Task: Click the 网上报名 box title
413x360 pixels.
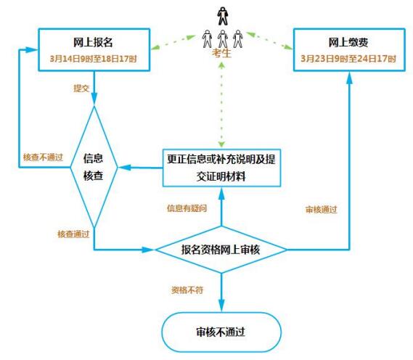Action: point(93,42)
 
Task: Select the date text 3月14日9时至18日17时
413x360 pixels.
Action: point(93,59)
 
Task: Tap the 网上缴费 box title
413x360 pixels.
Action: point(348,42)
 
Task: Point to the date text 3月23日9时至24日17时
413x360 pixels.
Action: point(348,59)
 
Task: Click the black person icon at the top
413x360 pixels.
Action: point(223,16)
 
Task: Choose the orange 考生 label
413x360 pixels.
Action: point(221,53)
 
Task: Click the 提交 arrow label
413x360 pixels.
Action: point(81,89)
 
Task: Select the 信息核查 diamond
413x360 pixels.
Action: point(94,167)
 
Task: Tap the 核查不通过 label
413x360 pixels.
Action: point(44,157)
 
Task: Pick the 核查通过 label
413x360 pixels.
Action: point(73,234)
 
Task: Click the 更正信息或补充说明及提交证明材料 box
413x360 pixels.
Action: point(221,168)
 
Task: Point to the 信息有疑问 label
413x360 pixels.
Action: point(187,208)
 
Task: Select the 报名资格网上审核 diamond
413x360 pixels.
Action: point(221,250)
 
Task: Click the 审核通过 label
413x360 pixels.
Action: point(321,210)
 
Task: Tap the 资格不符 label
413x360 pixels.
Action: point(187,290)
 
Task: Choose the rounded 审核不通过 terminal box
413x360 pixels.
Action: point(221,332)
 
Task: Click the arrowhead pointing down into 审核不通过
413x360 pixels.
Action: point(221,306)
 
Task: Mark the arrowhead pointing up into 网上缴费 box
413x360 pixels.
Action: point(349,78)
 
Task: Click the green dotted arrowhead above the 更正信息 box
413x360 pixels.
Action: point(221,144)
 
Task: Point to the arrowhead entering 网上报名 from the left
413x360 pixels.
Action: point(32,49)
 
